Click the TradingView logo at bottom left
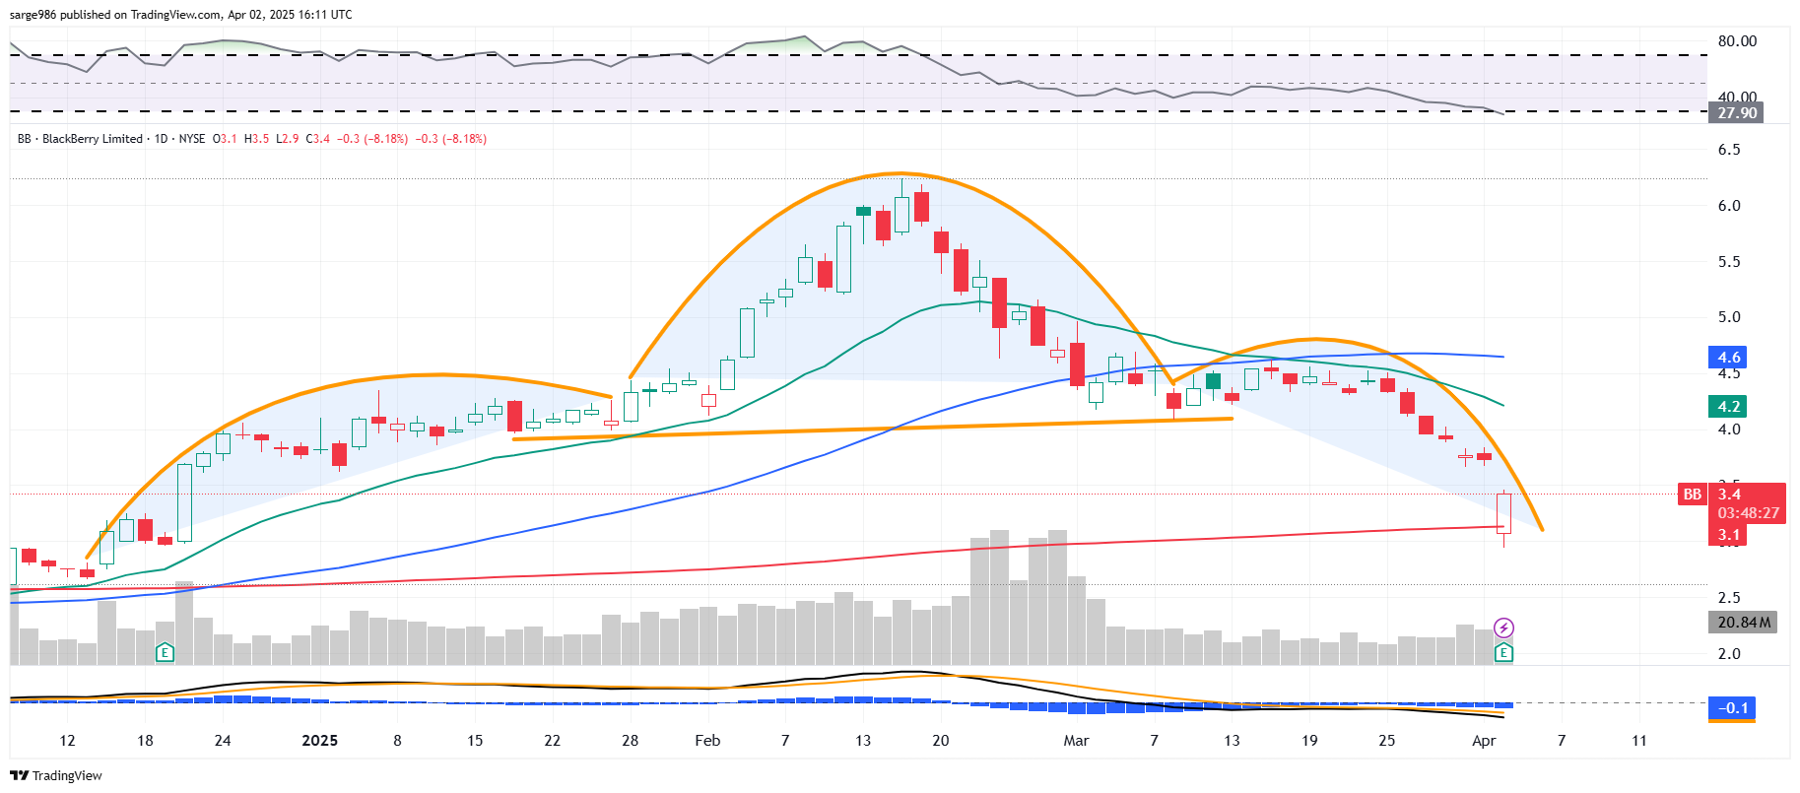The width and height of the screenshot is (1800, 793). coord(56,775)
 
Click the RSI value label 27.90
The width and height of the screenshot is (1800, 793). coord(1737,112)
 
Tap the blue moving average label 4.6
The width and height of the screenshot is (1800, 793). coord(1729,357)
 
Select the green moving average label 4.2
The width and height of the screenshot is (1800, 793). coord(1729,406)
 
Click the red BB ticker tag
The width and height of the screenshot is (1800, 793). coord(1692,495)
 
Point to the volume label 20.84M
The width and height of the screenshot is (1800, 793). coord(1743,622)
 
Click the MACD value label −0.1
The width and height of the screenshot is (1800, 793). coord(1733,707)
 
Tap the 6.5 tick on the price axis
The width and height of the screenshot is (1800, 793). coord(1729,150)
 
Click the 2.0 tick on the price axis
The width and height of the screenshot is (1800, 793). coord(1729,653)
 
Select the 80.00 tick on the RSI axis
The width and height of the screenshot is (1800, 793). coord(1737,41)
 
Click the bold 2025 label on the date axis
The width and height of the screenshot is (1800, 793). coord(319,741)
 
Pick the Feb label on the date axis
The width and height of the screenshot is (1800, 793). coord(707,741)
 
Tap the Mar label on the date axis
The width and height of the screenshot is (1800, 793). coord(1076,741)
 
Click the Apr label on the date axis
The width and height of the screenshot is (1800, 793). coord(1484,741)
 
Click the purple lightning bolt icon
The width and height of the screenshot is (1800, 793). coord(1503,628)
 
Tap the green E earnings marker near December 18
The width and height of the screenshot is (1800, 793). coord(165,652)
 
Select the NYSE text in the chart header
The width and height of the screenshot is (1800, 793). coord(192,139)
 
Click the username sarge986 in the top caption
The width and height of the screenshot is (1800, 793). coord(33,15)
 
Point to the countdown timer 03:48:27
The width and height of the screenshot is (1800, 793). coord(1749,513)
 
